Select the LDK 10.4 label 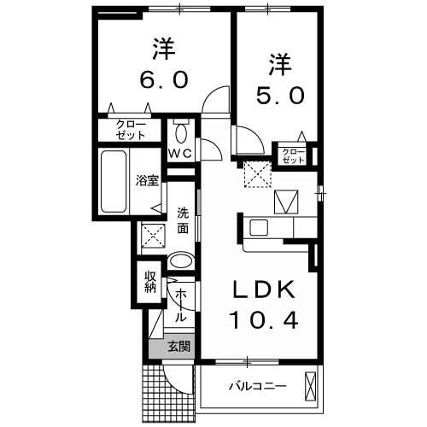[x=262, y=305]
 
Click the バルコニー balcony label [x=256, y=387]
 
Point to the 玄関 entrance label [x=178, y=347]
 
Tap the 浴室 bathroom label [x=147, y=180]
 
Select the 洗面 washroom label [x=183, y=220]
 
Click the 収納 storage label [x=150, y=281]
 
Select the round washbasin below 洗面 [x=179, y=261]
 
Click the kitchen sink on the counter [x=258, y=227]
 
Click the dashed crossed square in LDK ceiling [x=254, y=174]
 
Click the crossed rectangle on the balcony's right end [x=311, y=387]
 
